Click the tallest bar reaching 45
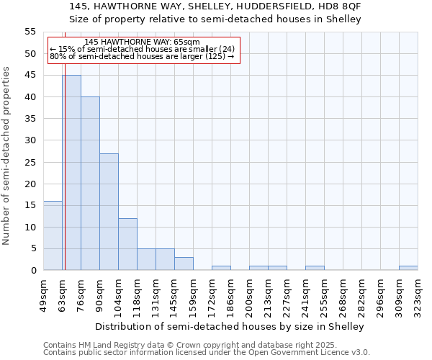tap(71, 173)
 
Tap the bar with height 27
tap(109, 212)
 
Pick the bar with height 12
tap(127, 244)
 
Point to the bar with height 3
tap(184, 264)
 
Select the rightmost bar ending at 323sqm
tap(408, 268)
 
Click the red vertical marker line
tap(65, 180)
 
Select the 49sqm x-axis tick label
tap(43, 294)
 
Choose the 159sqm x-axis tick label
tap(193, 294)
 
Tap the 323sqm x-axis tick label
tap(418, 294)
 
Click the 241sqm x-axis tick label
tap(305, 294)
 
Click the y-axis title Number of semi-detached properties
tap(7, 156)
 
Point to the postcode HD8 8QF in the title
tap(341, 6)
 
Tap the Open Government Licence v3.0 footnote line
tap(207, 353)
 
